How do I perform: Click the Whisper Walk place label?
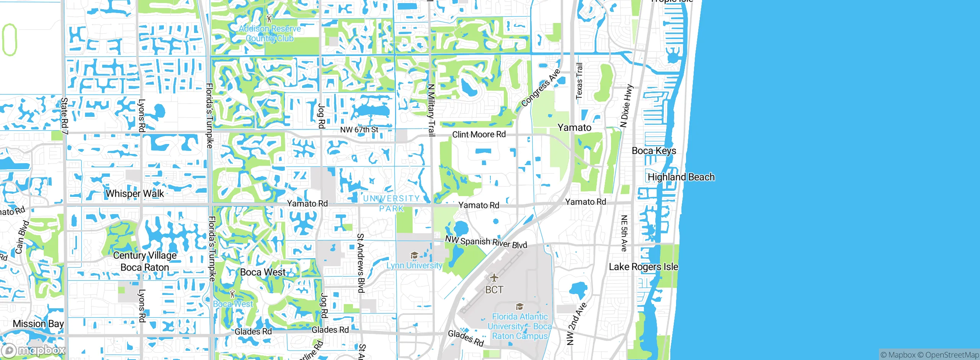point(135,193)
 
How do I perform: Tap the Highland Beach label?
point(681,177)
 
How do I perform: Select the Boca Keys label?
point(654,151)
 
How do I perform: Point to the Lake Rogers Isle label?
point(643,267)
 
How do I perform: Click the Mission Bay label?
point(38,324)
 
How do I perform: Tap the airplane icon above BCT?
point(494,277)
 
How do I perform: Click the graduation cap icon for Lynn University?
point(414,255)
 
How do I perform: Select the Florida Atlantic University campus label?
point(519,326)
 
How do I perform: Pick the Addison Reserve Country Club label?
point(270,33)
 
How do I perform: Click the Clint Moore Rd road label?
point(479,134)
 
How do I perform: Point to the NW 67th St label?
point(359,129)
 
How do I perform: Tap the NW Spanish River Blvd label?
point(486,242)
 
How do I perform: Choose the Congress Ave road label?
point(541,88)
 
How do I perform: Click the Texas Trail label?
point(579,81)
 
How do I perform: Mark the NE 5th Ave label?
point(624,233)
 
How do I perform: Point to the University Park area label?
point(391,203)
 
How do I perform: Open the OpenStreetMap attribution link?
point(952,355)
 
